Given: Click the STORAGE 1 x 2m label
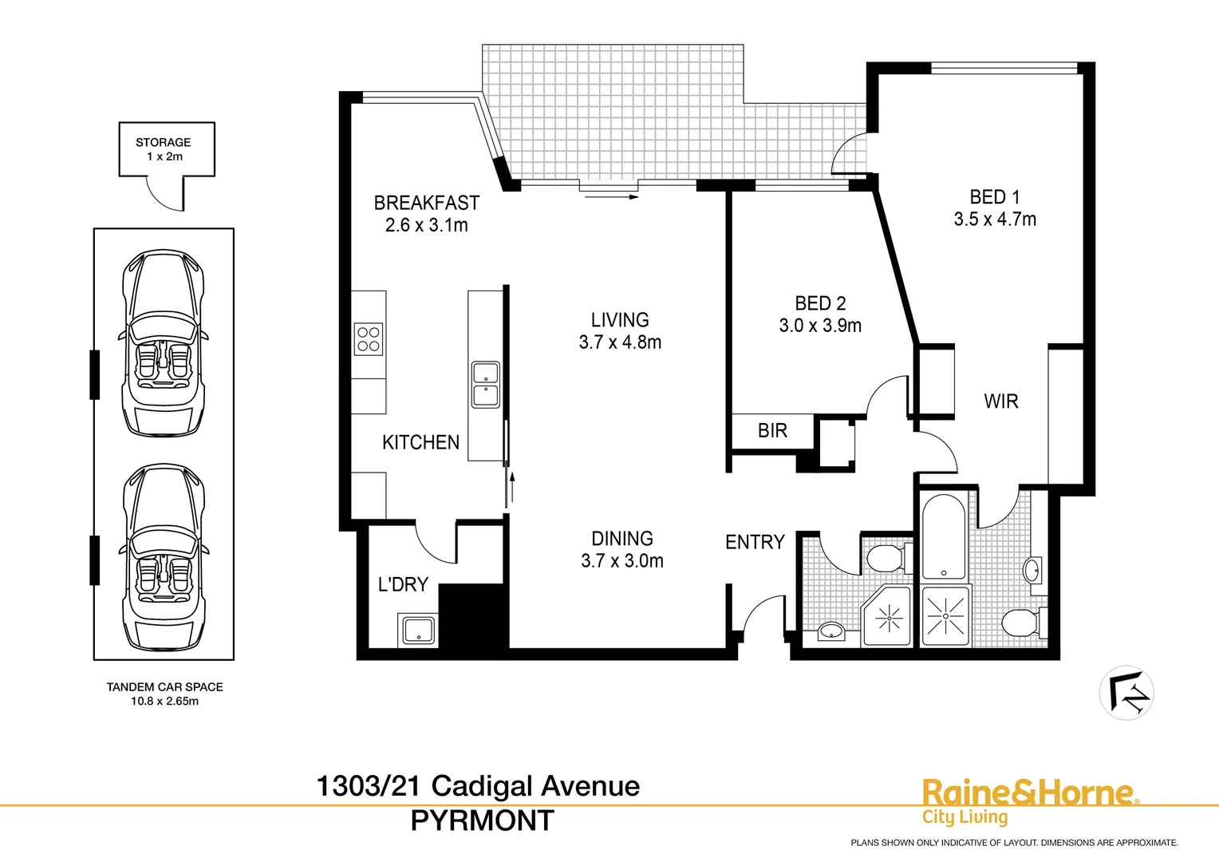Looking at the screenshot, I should pyautogui.click(x=164, y=149).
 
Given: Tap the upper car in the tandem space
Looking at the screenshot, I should pyautogui.click(x=164, y=343).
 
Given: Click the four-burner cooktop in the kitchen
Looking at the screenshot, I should pyautogui.click(x=369, y=339).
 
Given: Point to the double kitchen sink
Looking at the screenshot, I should pyautogui.click(x=485, y=385).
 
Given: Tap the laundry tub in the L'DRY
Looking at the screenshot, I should pyautogui.click(x=417, y=630).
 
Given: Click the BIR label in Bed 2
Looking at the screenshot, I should pyautogui.click(x=772, y=431).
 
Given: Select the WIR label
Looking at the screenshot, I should pyautogui.click(x=1001, y=401).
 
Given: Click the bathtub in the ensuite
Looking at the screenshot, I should pyautogui.click(x=945, y=535).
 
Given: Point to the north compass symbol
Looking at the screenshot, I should pyautogui.click(x=1126, y=693).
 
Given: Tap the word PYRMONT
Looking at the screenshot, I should pyautogui.click(x=482, y=820).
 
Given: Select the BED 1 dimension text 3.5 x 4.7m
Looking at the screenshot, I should pyautogui.click(x=995, y=219).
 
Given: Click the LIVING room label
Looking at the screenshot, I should pyautogui.click(x=620, y=320).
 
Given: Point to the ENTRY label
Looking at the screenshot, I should pyautogui.click(x=755, y=543).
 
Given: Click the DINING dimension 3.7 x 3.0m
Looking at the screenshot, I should pyautogui.click(x=622, y=561).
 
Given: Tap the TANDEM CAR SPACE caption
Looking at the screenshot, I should pyautogui.click(x=165, y=687).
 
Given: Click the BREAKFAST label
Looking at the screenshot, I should pyautogui.click(x=427, y=204).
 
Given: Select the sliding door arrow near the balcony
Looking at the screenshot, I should pyautogui.click(x=611, y=196).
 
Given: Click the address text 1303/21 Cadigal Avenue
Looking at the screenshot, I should pyautogui.click(x=478, y=786).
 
